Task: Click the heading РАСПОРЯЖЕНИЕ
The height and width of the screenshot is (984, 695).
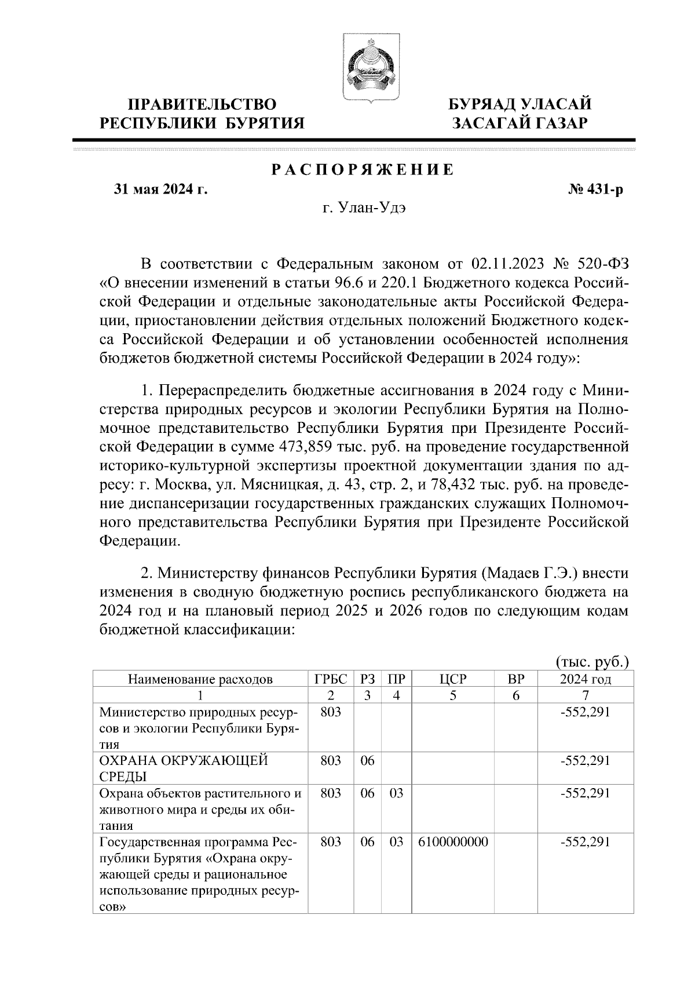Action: coord(363,170)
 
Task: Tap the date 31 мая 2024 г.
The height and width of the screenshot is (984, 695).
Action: coord(160,190)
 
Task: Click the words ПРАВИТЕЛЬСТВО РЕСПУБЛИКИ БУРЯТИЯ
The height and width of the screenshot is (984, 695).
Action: coord(202,114)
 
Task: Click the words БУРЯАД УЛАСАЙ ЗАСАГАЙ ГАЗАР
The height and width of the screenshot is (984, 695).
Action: coord(520,114)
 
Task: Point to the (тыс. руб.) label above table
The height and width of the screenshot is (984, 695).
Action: coord(592,662)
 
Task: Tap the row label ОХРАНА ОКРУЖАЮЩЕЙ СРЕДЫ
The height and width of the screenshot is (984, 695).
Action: coord(184,769)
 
